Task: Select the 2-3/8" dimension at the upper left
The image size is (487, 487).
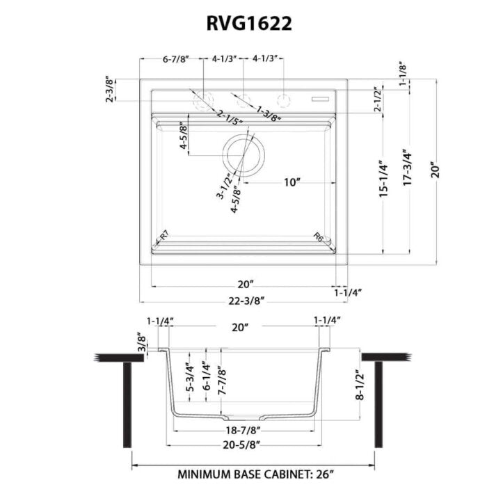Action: (110, 90)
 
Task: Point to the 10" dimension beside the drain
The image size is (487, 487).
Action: (292, 183)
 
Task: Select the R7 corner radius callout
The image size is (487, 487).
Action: (165, 237)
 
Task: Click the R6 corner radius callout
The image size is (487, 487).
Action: (319, 237)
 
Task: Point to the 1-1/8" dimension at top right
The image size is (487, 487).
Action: (403, 74)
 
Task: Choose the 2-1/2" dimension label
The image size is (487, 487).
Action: (379, 101)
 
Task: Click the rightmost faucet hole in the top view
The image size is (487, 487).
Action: (283, 99)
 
